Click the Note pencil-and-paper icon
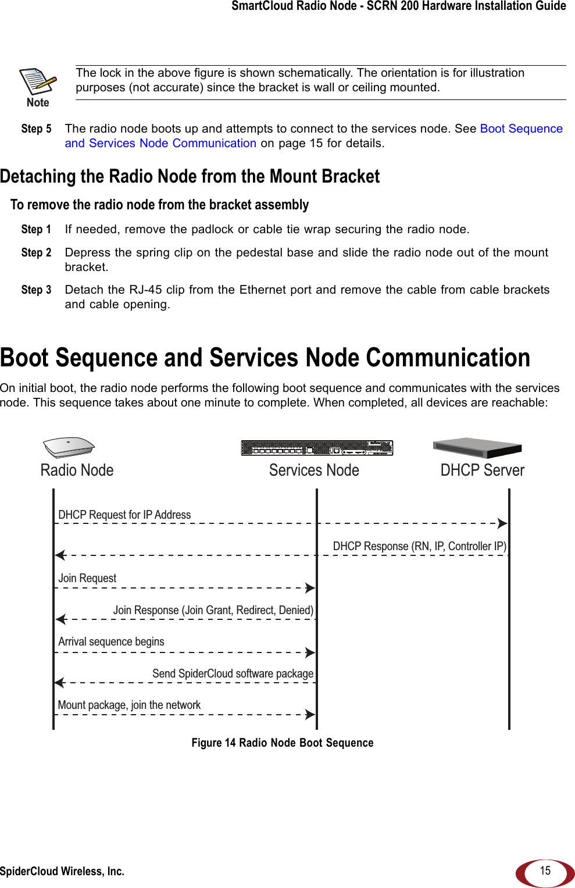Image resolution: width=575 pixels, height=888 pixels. coord(38,82)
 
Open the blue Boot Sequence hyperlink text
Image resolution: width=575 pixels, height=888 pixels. coord(521,129)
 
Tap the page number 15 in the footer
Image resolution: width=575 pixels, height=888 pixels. coord(545,871)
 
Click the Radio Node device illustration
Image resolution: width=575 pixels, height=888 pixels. coord(69,447)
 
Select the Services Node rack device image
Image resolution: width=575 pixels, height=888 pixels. coord(317,448)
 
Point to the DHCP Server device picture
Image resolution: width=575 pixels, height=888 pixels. coord(477,448)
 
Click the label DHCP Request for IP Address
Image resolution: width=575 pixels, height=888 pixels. coord(124,515)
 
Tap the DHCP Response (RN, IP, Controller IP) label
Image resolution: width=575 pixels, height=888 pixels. coord(419,546)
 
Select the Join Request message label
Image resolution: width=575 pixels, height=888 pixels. coord(87,578)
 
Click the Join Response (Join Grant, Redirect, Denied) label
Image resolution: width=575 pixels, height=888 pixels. coord(213,610)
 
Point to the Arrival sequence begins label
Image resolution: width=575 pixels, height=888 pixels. coord(111,641)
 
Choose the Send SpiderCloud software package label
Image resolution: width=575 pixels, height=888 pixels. coord(233,673)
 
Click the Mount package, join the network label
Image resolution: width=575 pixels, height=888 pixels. coord(129,705)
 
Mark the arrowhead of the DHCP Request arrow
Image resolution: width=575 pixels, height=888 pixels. coord(502,523)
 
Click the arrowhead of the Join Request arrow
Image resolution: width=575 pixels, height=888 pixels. coord(310,588)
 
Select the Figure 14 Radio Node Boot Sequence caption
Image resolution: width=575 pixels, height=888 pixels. coord(283,743)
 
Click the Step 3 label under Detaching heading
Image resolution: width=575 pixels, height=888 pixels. coord(36,290)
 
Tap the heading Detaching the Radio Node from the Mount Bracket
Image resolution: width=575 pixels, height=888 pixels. coord(190,176)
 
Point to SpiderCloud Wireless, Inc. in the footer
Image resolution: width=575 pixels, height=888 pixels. coord(62,871)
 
